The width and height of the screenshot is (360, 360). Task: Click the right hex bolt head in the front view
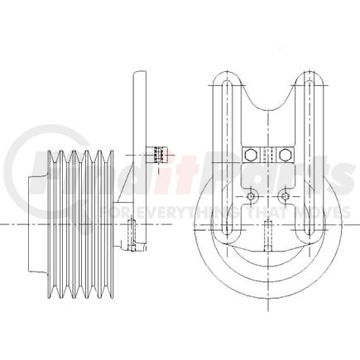[x=286, y=154]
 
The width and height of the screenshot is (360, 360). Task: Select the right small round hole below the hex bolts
[x=285, y=196]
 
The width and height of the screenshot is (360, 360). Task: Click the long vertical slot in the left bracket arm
[x=224, y=157]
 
